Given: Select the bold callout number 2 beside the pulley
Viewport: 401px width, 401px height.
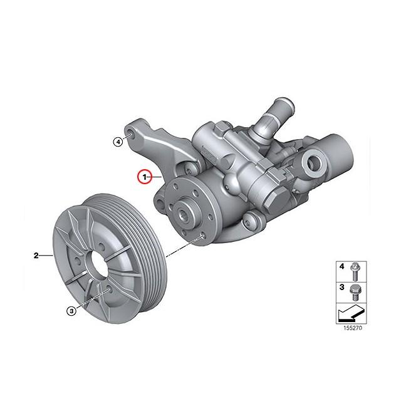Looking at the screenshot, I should coord(36,255).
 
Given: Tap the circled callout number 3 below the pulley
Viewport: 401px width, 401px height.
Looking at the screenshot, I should coord(72,310).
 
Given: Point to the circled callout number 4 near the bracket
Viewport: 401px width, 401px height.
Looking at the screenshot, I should coord(118,142).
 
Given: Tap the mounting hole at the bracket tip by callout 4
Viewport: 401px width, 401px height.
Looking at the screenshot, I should coord(129,134).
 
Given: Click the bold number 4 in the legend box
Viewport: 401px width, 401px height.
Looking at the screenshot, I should coord(342,267).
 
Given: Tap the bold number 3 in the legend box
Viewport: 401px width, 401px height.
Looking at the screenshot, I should coord(342,287).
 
